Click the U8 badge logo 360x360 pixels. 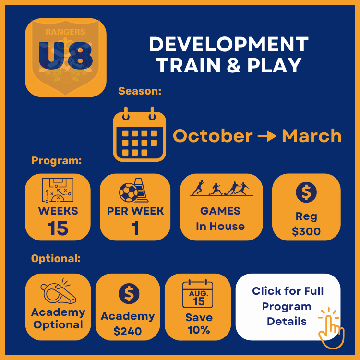click(x=66, y=58)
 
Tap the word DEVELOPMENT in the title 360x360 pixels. click(x=228, y=44)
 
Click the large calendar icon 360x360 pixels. click(x=140, y=134)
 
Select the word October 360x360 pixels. click(x=213, y=136)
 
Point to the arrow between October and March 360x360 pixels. click(x=267, y=136)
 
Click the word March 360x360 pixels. click(x=312, y=136)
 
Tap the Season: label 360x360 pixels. click(x=140, y=91)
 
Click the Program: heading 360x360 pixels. click(x=57, y=160)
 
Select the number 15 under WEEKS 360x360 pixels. click(x=58, y=228)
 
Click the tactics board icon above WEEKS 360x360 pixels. click(x=58, y=190)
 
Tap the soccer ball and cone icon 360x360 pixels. click(x=134, y=190)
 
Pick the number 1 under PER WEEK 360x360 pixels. click(x=135, y=228)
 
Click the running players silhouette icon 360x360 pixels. click(x=221, y=188)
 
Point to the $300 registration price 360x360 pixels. click(x=306, y=231)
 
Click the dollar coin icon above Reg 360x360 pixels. click(x=306, y=192)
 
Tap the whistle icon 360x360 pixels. click(x=58, y=291)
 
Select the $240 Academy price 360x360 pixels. click(x=128, y=331)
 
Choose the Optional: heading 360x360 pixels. click(x=56, y=259)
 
